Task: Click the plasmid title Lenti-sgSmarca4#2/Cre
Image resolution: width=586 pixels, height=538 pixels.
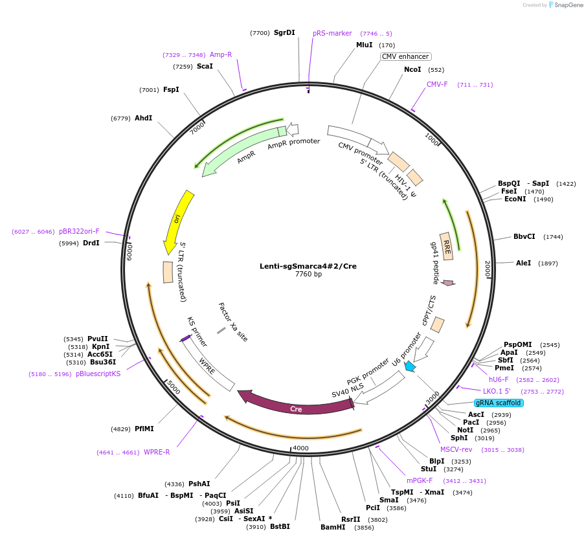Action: point(308,266)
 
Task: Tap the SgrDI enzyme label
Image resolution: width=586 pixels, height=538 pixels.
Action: point(284,32)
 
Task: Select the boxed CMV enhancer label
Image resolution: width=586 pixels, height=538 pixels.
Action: point(405,56)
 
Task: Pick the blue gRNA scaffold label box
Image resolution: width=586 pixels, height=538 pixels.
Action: point(499,403)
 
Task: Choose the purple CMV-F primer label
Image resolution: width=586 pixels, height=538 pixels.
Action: point(437,85)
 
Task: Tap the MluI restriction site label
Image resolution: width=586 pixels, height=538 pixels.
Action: point(365,45)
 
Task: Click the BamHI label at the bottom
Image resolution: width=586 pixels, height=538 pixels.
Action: point(333,527)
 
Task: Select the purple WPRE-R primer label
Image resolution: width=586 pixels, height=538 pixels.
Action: point(157,452)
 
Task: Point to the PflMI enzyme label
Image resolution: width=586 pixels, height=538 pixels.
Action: point(144,429)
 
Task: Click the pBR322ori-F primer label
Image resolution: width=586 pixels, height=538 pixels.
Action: point(79,231)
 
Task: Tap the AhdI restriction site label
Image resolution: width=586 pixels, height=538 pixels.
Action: point(143,118)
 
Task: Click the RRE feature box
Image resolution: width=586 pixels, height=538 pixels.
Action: point(446,246)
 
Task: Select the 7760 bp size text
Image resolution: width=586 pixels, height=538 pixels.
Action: point(308,275)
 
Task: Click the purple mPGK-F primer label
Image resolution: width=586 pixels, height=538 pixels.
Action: point(420,480)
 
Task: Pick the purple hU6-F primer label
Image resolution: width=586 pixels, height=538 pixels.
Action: point(499,379)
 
